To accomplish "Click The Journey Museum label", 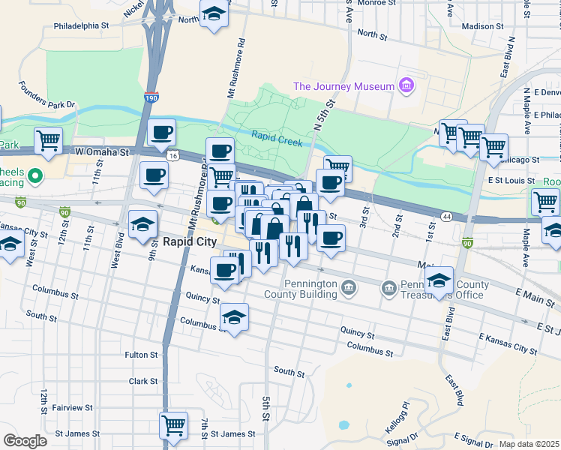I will [x=343, y=86].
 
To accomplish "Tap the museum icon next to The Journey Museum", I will [x=407, y=86].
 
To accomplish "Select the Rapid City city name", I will [x=190, y=241].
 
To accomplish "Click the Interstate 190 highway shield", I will [x=151, y=97].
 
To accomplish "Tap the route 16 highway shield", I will [x=173, y=155].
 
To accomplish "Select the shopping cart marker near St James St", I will [x=173, y=425].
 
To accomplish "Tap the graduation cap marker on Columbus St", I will [x=235, y=318].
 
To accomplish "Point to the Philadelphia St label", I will [x=82, y=25].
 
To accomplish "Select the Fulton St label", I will [x=141, y=355].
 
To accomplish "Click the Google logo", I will [x=25, y=441].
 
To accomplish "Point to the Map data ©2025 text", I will [x=529, y=444].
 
